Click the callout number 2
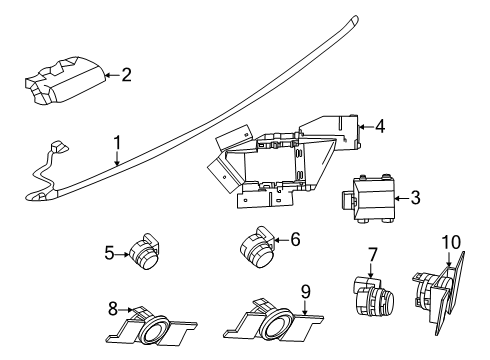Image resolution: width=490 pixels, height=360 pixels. tap(126, 74)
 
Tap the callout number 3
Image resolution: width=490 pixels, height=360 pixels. tap(415, 198)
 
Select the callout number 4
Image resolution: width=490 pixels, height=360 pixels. tap(379, 126)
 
